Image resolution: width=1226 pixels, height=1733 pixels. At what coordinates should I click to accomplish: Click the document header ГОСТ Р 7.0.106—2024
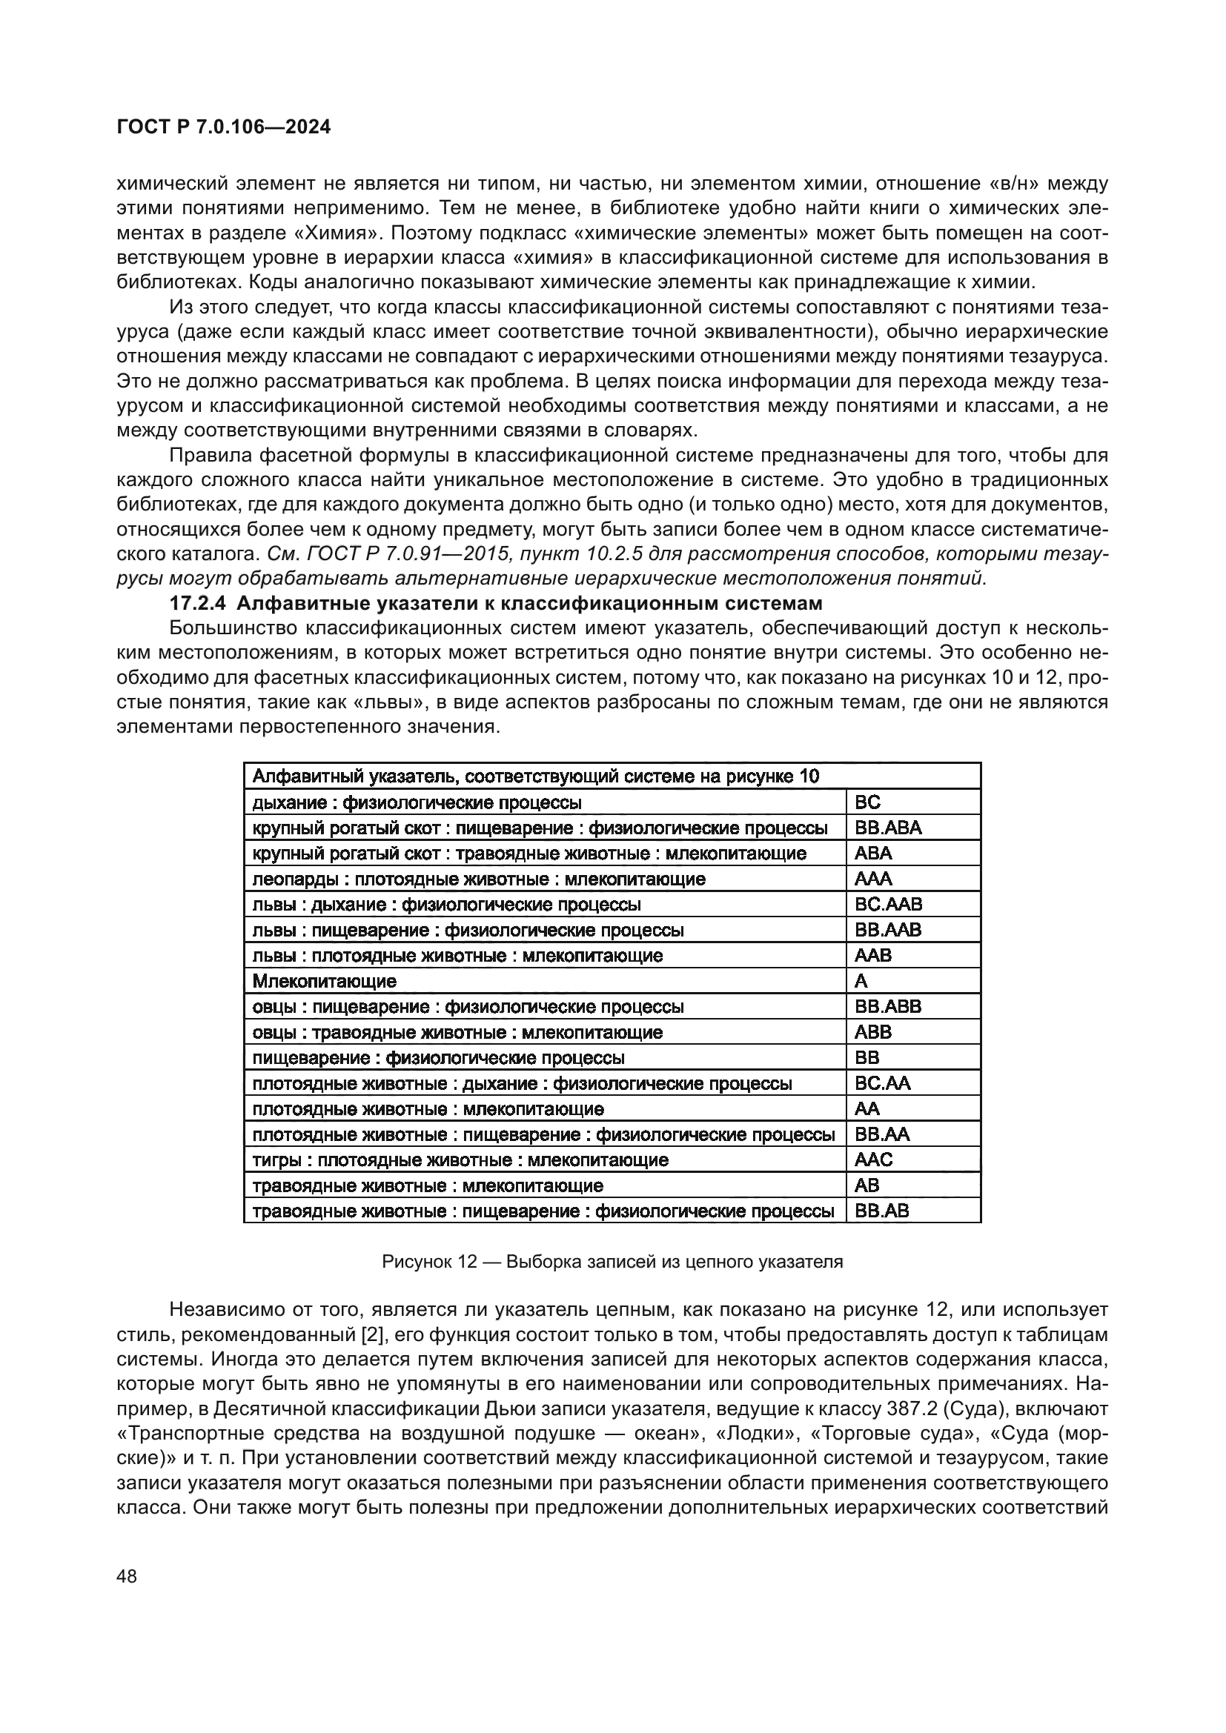tap(223, 127)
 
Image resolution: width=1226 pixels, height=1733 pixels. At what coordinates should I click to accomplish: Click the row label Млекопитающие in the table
tap(324, 981)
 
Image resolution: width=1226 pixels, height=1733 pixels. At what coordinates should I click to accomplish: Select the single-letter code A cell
tap(861, 981)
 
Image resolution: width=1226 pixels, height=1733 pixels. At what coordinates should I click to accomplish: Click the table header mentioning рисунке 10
tap(535, 776)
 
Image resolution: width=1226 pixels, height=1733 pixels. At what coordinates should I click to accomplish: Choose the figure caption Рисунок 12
tap(612, 1262)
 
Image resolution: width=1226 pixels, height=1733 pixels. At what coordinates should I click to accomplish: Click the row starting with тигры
tap(460, 1160)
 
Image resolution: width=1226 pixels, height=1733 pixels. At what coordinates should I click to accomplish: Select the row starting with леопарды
tap(479, 879)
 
